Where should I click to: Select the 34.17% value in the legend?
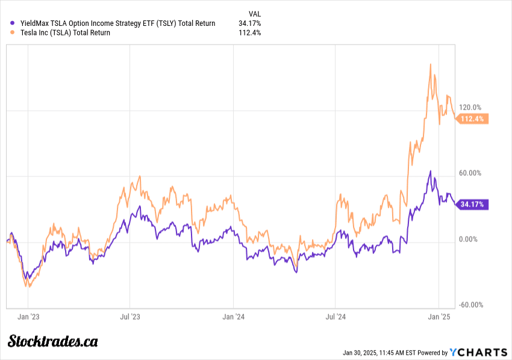(x=249, y=23)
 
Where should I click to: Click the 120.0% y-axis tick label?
(x=470, y=107)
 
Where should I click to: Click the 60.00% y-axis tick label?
(x=470, y=173)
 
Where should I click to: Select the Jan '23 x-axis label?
(x=28, y=315)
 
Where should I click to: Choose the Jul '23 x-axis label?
(x=130, y=315)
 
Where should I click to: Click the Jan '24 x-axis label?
(x=233, y=315)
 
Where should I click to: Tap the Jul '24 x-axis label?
(x=336, y=315)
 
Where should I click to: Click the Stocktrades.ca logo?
(x=52, y=341)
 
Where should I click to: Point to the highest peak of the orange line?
(x=430, y=64)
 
